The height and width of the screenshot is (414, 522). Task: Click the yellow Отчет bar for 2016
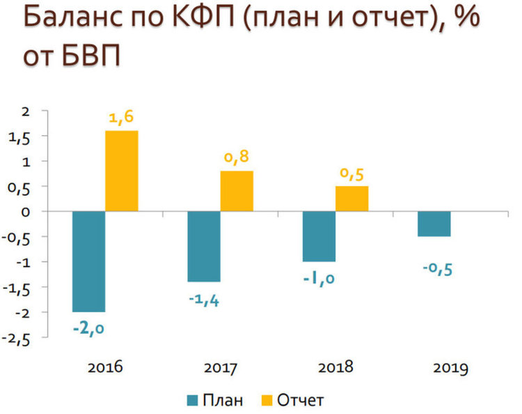(122, 171)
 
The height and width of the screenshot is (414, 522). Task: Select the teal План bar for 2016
(89, 261)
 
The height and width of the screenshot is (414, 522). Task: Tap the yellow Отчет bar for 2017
(237, 191)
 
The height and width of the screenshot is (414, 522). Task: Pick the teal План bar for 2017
(204, 246)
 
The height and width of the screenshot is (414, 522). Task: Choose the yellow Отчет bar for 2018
(351, 199)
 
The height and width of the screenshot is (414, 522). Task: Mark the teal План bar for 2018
(319, 236)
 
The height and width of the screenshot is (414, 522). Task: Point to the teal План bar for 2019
(434, 224)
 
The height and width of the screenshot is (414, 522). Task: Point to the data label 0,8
(237, 158)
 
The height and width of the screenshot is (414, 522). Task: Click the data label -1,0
(319, 279)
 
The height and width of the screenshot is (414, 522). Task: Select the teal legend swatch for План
(192, 400)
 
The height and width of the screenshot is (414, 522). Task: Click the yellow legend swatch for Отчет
(266, 400)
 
